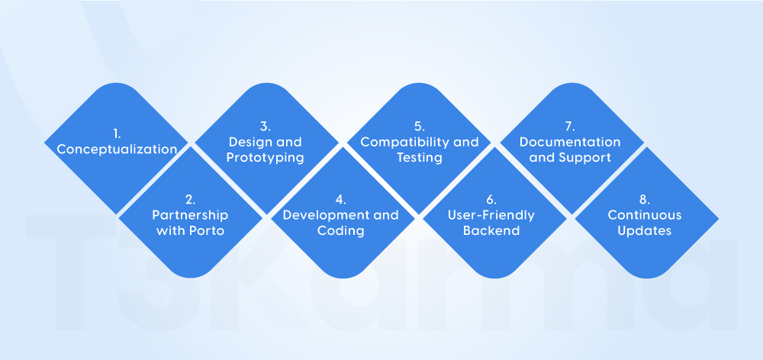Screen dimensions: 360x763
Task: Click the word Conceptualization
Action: point(117,149)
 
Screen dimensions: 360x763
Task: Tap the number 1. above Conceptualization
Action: point(117,133)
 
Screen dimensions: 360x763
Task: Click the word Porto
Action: point(207,230)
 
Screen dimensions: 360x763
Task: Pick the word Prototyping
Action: point(266,158)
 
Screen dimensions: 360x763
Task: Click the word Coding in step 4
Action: point(340,230)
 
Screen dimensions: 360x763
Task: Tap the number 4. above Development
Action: point(340,200)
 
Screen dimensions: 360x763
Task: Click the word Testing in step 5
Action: point(419,158)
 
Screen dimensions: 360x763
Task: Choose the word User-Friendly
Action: point(492,215)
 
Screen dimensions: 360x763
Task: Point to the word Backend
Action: point(492,230)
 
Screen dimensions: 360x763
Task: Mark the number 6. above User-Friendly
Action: point(492,200)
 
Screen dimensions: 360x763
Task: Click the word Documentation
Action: point(570,142)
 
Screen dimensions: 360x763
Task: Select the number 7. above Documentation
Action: point(570,127)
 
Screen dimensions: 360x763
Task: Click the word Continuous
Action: point(645,215)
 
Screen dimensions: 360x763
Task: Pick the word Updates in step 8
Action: point(645,230)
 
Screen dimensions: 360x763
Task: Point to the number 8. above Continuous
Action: point(645,200)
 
